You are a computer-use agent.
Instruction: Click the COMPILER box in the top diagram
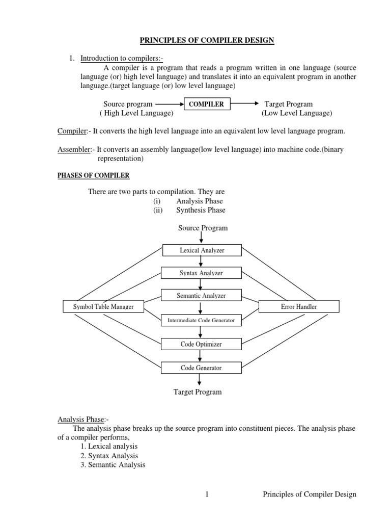206,104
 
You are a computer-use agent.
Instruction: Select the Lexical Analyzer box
202,250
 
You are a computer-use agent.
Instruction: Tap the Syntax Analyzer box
202,273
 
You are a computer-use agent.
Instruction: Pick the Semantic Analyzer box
202,295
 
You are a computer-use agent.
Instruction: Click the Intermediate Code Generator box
202,321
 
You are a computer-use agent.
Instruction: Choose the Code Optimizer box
202,344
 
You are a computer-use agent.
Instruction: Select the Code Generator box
202,368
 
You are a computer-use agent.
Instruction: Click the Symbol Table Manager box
103,306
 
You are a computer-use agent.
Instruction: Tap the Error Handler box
298,306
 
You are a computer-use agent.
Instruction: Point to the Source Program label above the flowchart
203,228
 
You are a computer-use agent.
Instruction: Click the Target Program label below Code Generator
198,392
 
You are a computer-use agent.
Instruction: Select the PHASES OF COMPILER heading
93,176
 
